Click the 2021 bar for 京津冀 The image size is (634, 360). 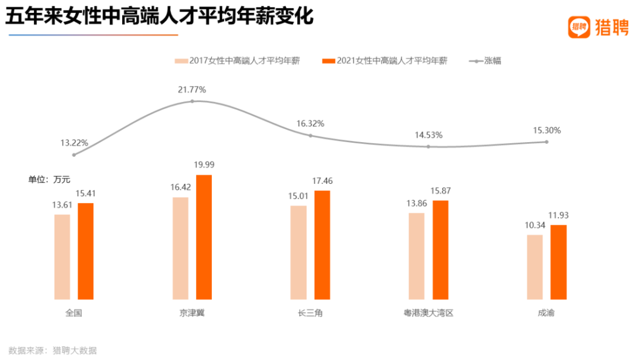204,237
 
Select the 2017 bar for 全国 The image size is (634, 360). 62,257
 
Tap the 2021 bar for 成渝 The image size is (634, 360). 558,263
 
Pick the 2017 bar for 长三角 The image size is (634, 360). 298,253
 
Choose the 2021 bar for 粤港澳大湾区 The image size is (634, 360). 440,250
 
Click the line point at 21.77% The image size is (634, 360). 192,102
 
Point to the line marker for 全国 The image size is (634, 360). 74,154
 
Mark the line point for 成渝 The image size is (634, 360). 547,142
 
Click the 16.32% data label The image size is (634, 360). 310,124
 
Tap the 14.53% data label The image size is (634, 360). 429,135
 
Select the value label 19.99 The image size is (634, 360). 204,164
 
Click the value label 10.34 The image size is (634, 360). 535,226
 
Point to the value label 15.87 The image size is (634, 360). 441,191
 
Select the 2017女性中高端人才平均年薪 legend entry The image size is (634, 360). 237,60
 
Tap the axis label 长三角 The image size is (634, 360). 310,313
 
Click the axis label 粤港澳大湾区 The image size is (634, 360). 429,313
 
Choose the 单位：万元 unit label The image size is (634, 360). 49,179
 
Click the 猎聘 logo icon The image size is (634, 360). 579,27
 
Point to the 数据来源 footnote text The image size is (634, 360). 52,350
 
